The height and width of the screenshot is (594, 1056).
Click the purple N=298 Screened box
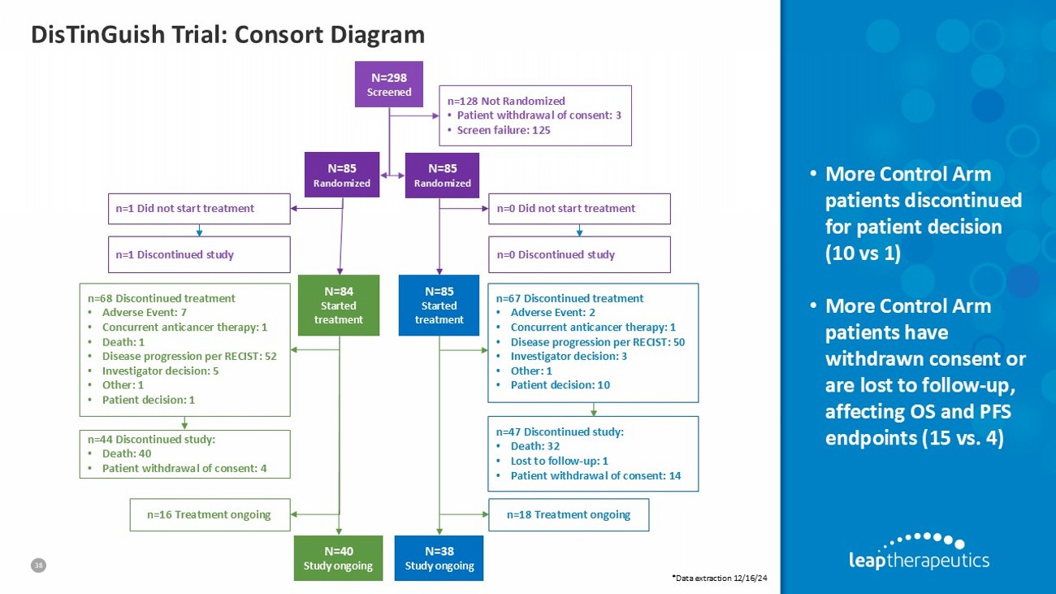coord(389,84)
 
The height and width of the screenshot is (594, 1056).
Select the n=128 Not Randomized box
coord(534,115)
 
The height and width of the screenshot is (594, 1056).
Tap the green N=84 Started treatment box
coord(339,306)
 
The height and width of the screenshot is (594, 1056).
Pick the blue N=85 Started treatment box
coord(439,306)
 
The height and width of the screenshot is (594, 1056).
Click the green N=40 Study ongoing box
coord(339,557)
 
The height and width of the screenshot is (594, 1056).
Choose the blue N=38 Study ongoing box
coord(439,557)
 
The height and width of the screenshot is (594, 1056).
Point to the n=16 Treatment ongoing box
coord(210,514)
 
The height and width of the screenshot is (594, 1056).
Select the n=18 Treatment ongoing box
coord(568,514)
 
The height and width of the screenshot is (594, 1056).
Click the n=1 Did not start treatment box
coord(199,208)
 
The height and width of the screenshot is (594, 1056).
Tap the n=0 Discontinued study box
coord(579,254)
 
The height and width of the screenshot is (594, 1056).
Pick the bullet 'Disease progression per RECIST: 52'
coord(189,356)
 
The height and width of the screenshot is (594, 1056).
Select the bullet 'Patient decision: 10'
coord(560,384)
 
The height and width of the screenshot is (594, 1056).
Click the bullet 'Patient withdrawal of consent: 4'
coord(184,468)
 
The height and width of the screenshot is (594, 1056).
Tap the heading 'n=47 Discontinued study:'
coord(560,431)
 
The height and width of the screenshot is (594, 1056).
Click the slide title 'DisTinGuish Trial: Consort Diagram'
coord(227,34)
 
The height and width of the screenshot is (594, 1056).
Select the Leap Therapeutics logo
coord(918,551)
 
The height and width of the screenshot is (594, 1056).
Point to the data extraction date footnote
coord(720,577)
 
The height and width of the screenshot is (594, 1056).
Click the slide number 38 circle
coord(37,564)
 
